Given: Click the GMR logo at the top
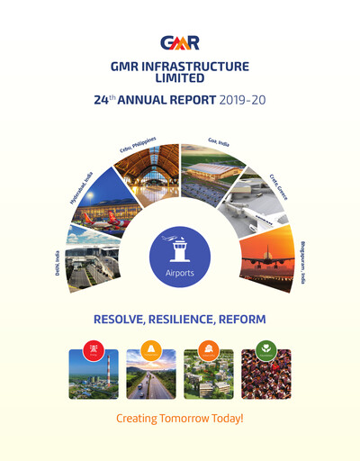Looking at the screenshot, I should [x=180, y=41].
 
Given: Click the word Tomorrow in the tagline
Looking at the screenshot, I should [x=191, y=419].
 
